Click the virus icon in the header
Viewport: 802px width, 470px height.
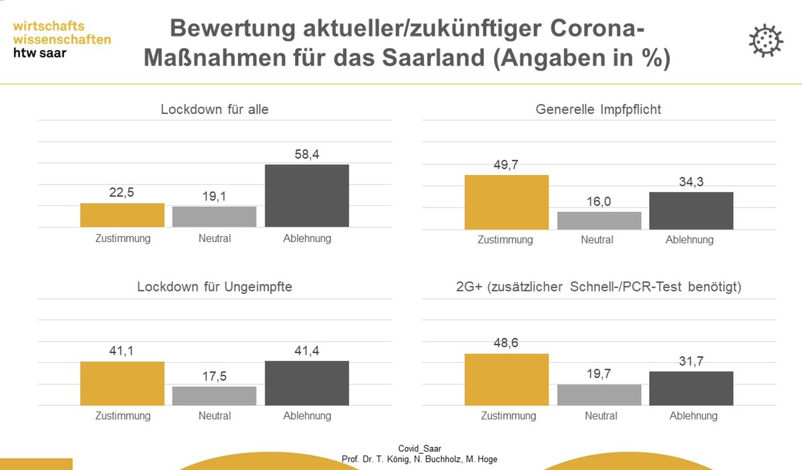(x=766, y=41)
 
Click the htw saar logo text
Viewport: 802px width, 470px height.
(x=40, y=53)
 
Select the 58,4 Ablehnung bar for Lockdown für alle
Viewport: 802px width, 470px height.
(x=307, y=195)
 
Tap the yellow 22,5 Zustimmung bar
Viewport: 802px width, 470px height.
(x=122, y=215)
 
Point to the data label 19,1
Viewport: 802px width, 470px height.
(x=214, y=196)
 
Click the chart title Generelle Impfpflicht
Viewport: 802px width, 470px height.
(x=598, y=109)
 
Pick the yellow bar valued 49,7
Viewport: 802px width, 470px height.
(x=506, y=202)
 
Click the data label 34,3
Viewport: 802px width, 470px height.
(x=691, y=182)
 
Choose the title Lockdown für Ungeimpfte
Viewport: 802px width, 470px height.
(x=214, y=286)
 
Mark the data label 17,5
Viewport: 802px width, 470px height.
(x=214, y=376)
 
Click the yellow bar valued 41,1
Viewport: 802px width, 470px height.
(x=122, y=383)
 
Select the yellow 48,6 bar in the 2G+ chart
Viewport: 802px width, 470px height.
(x=506, y=379)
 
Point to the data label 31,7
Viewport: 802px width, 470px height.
(x=691, y=361)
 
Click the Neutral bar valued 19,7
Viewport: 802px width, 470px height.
(x=599, y=395)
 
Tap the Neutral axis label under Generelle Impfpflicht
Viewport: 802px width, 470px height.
(x=597, y=240)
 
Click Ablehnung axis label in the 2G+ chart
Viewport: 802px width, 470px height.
(x=693, y=416)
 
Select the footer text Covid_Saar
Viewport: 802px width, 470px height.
(x=420, y=448)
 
